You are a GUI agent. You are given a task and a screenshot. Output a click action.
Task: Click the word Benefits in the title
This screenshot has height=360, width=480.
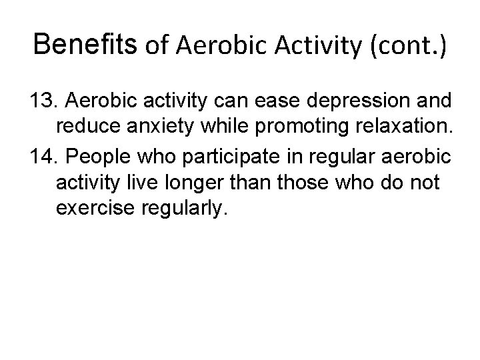[86, 45]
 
